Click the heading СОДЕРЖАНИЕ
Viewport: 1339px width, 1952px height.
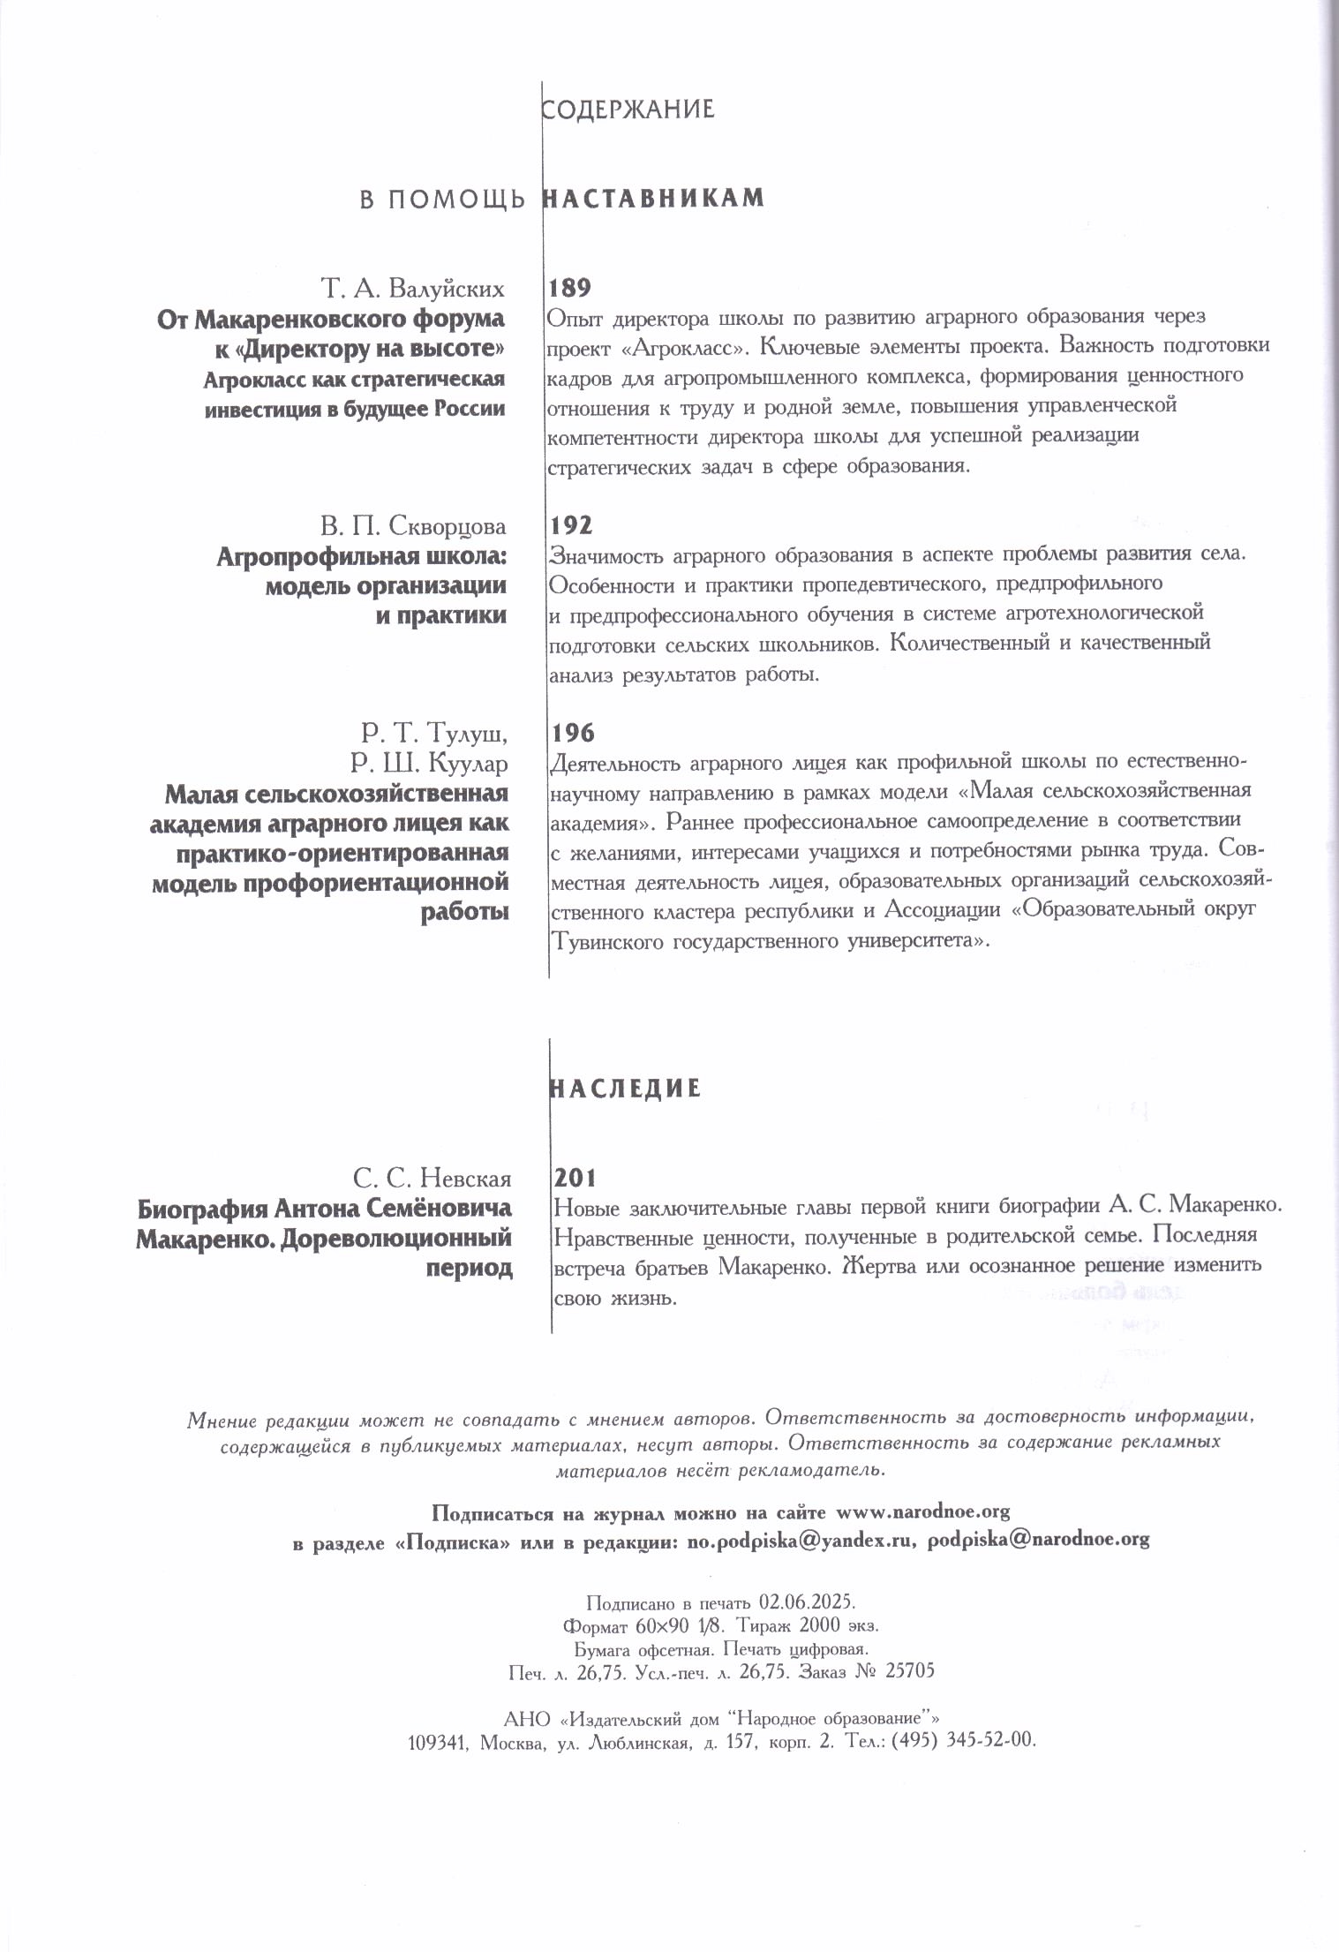(628, 109)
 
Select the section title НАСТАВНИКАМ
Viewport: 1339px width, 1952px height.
(652, 198)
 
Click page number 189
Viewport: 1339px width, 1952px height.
(569, 288)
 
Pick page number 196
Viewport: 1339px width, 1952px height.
(573, 733)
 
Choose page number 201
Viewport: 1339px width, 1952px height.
(575, 1178)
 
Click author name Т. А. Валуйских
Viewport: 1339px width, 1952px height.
(412, 289)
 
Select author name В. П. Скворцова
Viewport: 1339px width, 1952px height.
(413, 527)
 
